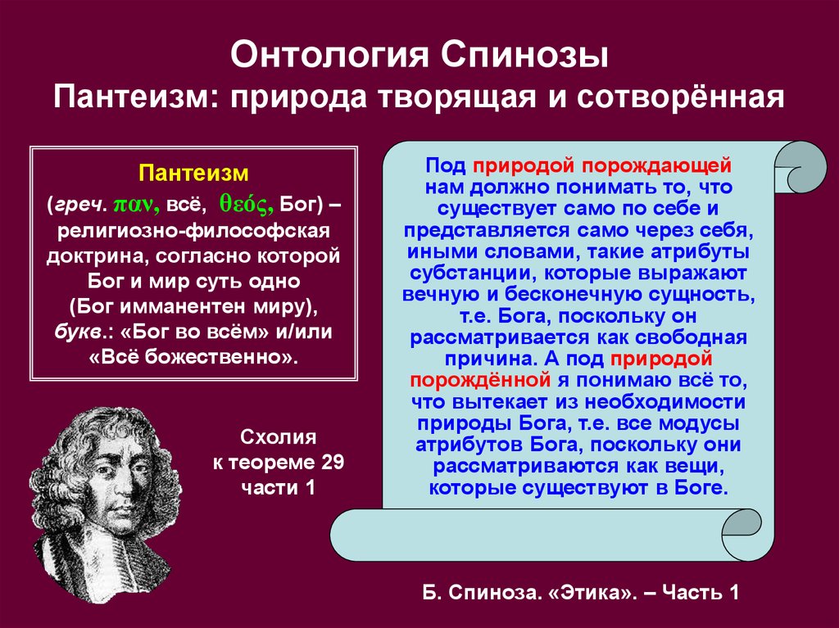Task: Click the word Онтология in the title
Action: tap(331, 55)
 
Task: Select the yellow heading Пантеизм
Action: tap(193, 174)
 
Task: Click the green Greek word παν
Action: tap(136, 205)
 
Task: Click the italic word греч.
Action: tap(81, 206)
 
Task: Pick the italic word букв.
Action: tap(79, 332)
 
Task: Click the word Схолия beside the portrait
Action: tap(279, 437)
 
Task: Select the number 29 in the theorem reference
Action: tap(333, 462)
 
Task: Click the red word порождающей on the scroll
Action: tap(656, 166)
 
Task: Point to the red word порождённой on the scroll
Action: tap(480, 380)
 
